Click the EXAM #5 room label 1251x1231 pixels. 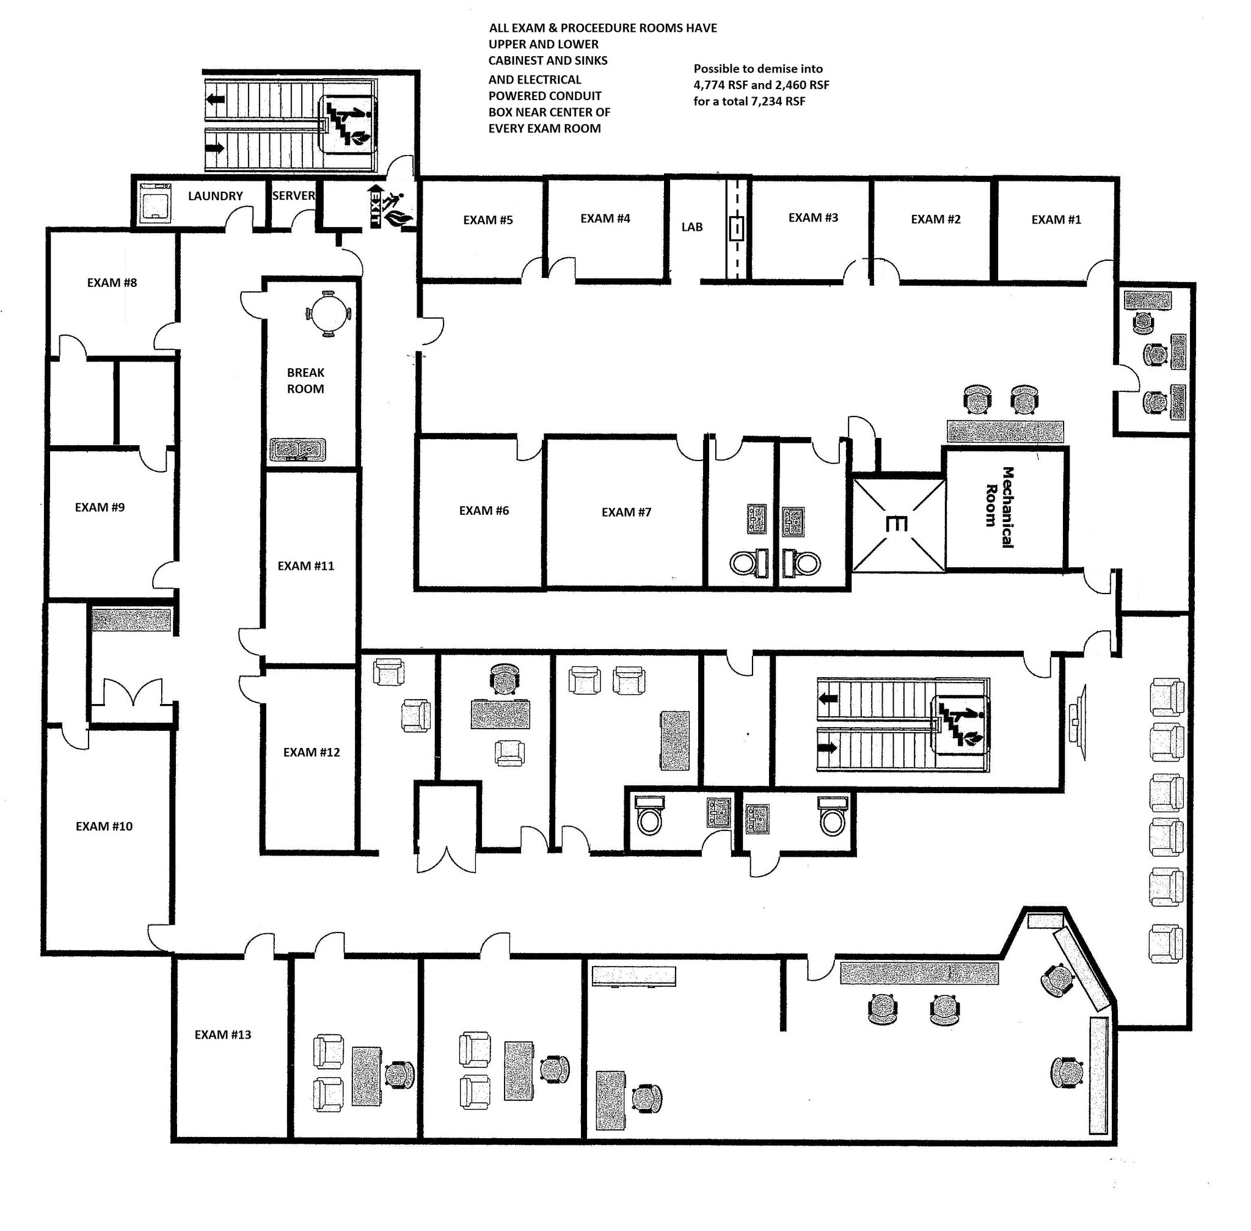click(487, 220)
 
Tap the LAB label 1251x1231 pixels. click(691, 227)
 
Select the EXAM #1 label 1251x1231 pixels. click(1056, 220)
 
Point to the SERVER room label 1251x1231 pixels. click(293, 195)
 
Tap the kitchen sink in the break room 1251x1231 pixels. click(297, 449)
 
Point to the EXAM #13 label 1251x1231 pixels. click(222, 1034)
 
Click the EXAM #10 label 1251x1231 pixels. click(104, 826)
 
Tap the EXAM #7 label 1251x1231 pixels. click(626, 512)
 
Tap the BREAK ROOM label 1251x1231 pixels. click(305, 380)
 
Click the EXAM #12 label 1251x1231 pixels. click(311, 752)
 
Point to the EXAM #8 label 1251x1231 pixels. click(112, 283)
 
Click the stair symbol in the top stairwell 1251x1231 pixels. click(348, 122)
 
